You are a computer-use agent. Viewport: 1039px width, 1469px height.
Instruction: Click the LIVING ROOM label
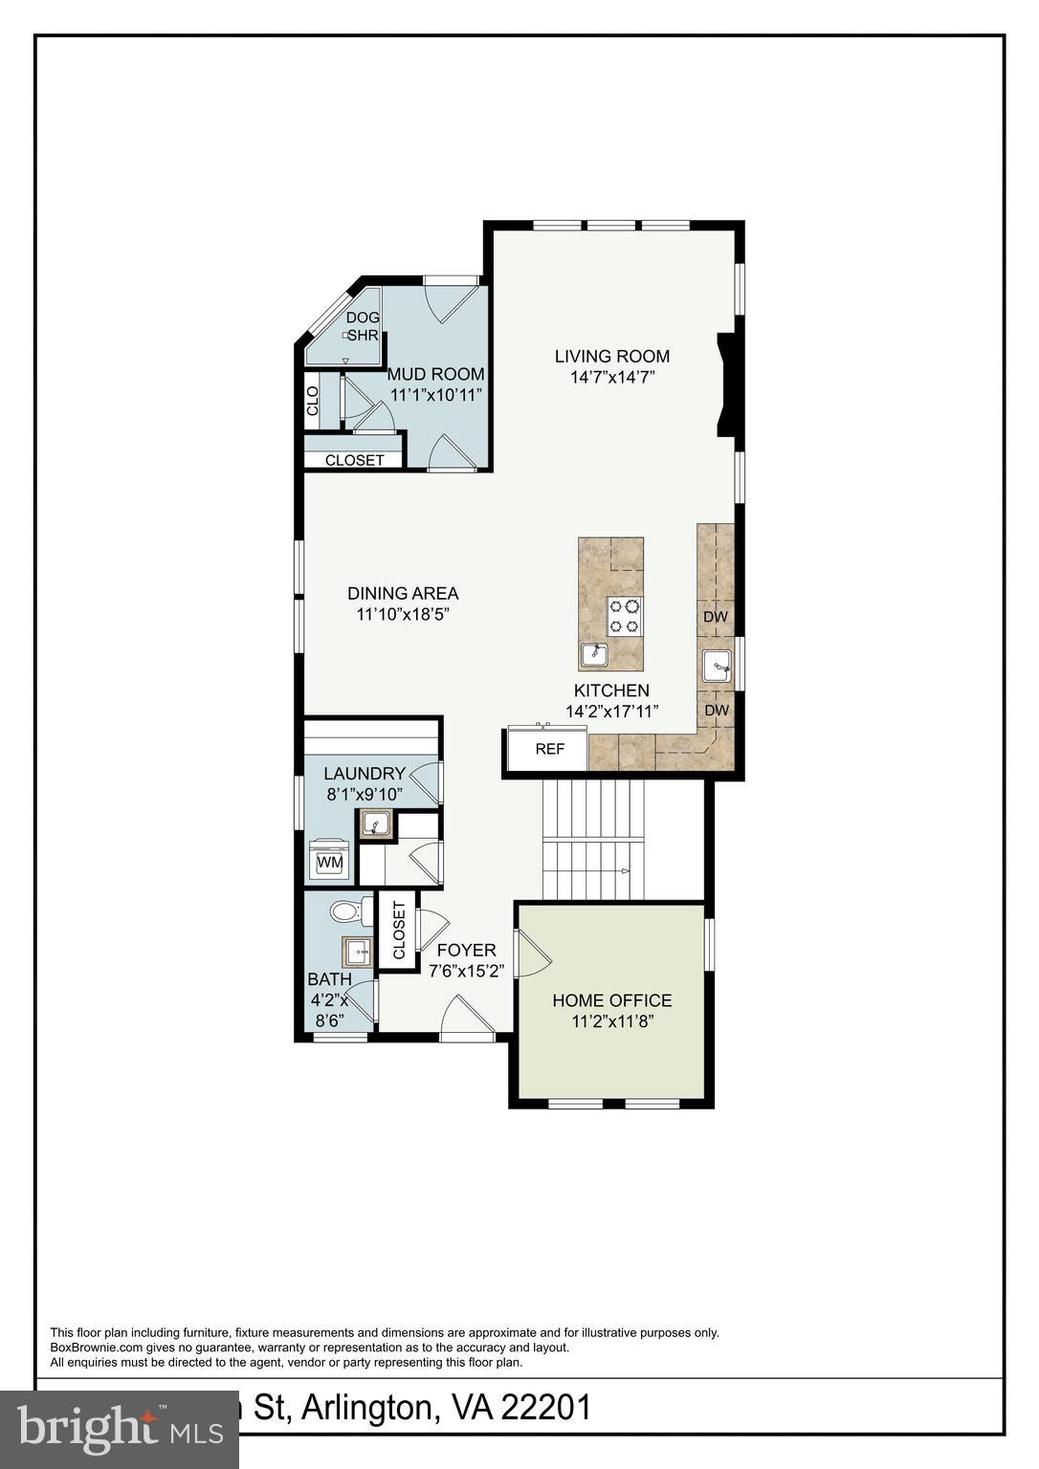coord(611,357)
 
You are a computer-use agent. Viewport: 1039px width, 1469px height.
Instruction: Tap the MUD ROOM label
coord(435,374)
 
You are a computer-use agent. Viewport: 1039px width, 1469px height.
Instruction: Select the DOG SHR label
coord(363,326)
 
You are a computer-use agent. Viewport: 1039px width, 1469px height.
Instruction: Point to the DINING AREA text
coord(403,593)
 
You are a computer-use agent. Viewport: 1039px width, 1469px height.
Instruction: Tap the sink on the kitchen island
coord(596,655)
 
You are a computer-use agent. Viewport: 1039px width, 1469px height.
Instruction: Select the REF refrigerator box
coord(549,749)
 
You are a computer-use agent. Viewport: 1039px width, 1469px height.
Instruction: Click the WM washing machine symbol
coord(329,861)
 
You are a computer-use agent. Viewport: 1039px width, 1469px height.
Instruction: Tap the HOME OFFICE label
coord(611,1000)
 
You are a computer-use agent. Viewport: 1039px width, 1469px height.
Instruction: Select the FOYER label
coord(466,950)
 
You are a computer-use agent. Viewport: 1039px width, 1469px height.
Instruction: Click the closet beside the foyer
coord(398,931)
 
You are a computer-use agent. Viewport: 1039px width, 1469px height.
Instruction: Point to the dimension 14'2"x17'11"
coord(612,712)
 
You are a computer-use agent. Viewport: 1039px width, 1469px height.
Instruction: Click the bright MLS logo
coord(119,1428)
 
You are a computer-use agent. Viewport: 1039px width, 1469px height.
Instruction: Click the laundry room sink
coord(375,823)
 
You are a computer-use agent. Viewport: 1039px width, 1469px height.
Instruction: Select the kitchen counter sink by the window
coord(717,664)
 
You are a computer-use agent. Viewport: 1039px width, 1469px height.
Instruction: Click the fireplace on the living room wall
coord(726,385)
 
